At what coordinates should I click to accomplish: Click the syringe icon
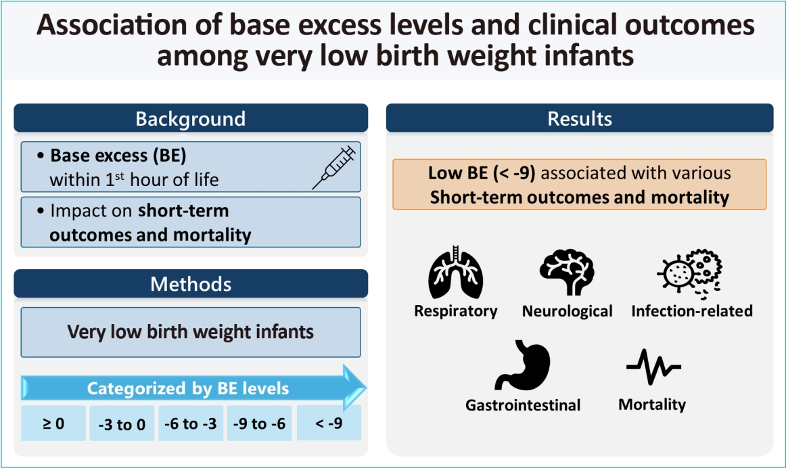[334, 167]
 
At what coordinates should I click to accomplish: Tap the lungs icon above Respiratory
[455, 273]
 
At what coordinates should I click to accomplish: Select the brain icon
[567, 273]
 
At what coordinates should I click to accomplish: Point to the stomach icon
[523, 365]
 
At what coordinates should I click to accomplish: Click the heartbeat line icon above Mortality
[653, 367]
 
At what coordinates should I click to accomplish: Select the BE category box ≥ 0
[53, 423]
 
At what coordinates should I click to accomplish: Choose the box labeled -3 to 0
[122, 423]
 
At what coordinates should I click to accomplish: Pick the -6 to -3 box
[191, 423]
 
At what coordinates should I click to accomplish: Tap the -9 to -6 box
[259, 423]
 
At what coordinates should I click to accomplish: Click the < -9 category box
[329, 423]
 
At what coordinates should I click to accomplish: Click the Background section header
[191, 118]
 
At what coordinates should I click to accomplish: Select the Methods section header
[191, 283]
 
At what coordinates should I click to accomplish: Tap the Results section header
[580, 118]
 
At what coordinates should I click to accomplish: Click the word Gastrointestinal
[523, 405]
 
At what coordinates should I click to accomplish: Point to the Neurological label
[567, 311]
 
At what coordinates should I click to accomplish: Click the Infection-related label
[692, 310]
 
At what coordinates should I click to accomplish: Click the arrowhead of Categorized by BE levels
[354, 388]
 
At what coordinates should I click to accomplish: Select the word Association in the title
[112, 25]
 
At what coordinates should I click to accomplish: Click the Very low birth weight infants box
[191, 332]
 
